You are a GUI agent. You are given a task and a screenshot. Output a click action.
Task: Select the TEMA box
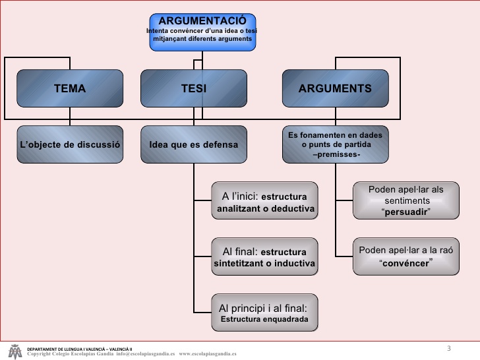(69, 88)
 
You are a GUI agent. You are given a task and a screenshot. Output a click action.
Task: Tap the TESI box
(193, 88)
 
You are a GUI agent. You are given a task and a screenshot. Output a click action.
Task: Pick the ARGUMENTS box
(335, 88)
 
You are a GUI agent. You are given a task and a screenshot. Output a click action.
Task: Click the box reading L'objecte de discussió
(69, 143)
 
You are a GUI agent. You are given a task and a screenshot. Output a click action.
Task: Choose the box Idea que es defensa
(193, 143)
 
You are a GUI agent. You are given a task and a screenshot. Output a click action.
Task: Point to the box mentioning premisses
(335, 143)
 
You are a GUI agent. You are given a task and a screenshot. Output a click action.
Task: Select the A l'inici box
(264, 201)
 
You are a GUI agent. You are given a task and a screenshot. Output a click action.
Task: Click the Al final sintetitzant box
(264, 257)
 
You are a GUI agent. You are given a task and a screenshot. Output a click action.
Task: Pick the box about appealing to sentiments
(405, 200)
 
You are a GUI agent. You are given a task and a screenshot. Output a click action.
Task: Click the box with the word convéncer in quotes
(405, 256)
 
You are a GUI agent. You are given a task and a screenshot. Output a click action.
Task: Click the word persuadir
(406, 212)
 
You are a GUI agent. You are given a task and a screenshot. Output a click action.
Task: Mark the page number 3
(449, 347)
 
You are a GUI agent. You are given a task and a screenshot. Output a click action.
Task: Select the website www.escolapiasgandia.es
(207, 353)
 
